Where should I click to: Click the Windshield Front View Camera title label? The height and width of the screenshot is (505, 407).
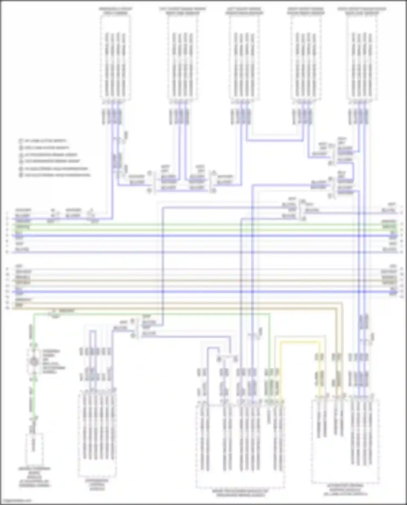116,11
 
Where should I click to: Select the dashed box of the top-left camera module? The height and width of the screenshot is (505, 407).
116,57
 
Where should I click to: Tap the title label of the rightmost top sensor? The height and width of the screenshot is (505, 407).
362,11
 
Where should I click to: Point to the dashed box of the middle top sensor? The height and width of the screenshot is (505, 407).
244,57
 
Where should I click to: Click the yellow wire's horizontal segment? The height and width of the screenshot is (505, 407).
300,342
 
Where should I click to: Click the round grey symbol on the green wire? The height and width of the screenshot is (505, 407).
34,361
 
